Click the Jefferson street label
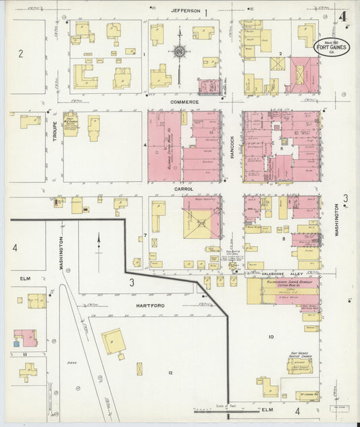click(x=185, y=11)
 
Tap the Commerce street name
click(x=184, y=102)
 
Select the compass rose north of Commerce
click(x=180, y=50)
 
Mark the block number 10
click(x=271, y=336)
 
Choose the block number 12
click(x=171, y=373)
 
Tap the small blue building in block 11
click(x=17, y=344)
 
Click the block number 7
click(x=145, y=235)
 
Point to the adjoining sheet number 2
click(x=21, y=53)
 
